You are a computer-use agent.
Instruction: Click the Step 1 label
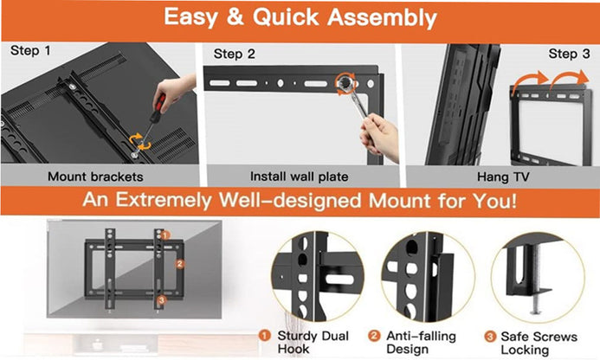coord(30,50)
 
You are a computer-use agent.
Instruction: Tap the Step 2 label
coord(234,54)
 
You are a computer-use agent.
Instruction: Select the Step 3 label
coord(569,54)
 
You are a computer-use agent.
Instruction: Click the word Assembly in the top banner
coord(382,17)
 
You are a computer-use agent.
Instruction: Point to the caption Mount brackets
coord(95,177)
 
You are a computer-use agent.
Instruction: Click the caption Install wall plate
coord(299,177)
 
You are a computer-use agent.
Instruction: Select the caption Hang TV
coord(503,177)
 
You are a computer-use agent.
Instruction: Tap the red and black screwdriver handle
coord(158,108)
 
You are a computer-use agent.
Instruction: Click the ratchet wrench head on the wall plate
coord(345,83)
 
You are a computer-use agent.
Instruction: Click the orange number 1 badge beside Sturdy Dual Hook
coord(265,336)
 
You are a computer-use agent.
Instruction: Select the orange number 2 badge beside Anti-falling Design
coord(374,336)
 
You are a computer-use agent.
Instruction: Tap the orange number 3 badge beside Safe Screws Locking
coord(490,337)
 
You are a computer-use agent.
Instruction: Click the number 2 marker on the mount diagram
coord(180,264)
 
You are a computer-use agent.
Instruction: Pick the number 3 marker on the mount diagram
coord(162,300)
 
